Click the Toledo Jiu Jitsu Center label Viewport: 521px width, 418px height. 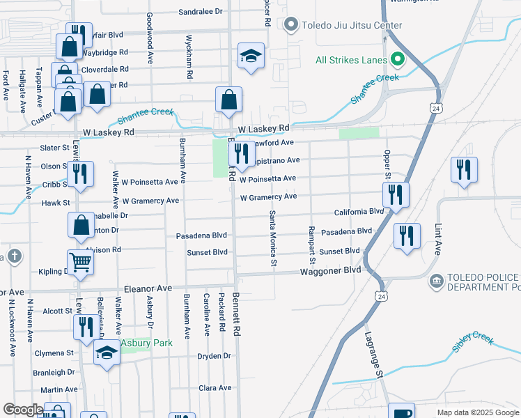coord(351,26)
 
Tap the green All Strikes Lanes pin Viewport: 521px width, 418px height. coord(398,59)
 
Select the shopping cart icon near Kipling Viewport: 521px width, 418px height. coord(81,263)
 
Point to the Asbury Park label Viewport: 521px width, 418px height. coord(146,343)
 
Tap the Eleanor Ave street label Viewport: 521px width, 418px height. coord(148,288)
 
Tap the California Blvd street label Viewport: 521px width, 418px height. coord(359,211)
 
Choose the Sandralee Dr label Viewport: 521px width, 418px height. coord(200,12)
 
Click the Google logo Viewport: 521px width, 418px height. coord(23,410)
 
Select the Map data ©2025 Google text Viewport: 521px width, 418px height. coord(477,412)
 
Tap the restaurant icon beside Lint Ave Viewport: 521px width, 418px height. coord(463,171)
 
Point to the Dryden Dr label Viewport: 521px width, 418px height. coord(214,355)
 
